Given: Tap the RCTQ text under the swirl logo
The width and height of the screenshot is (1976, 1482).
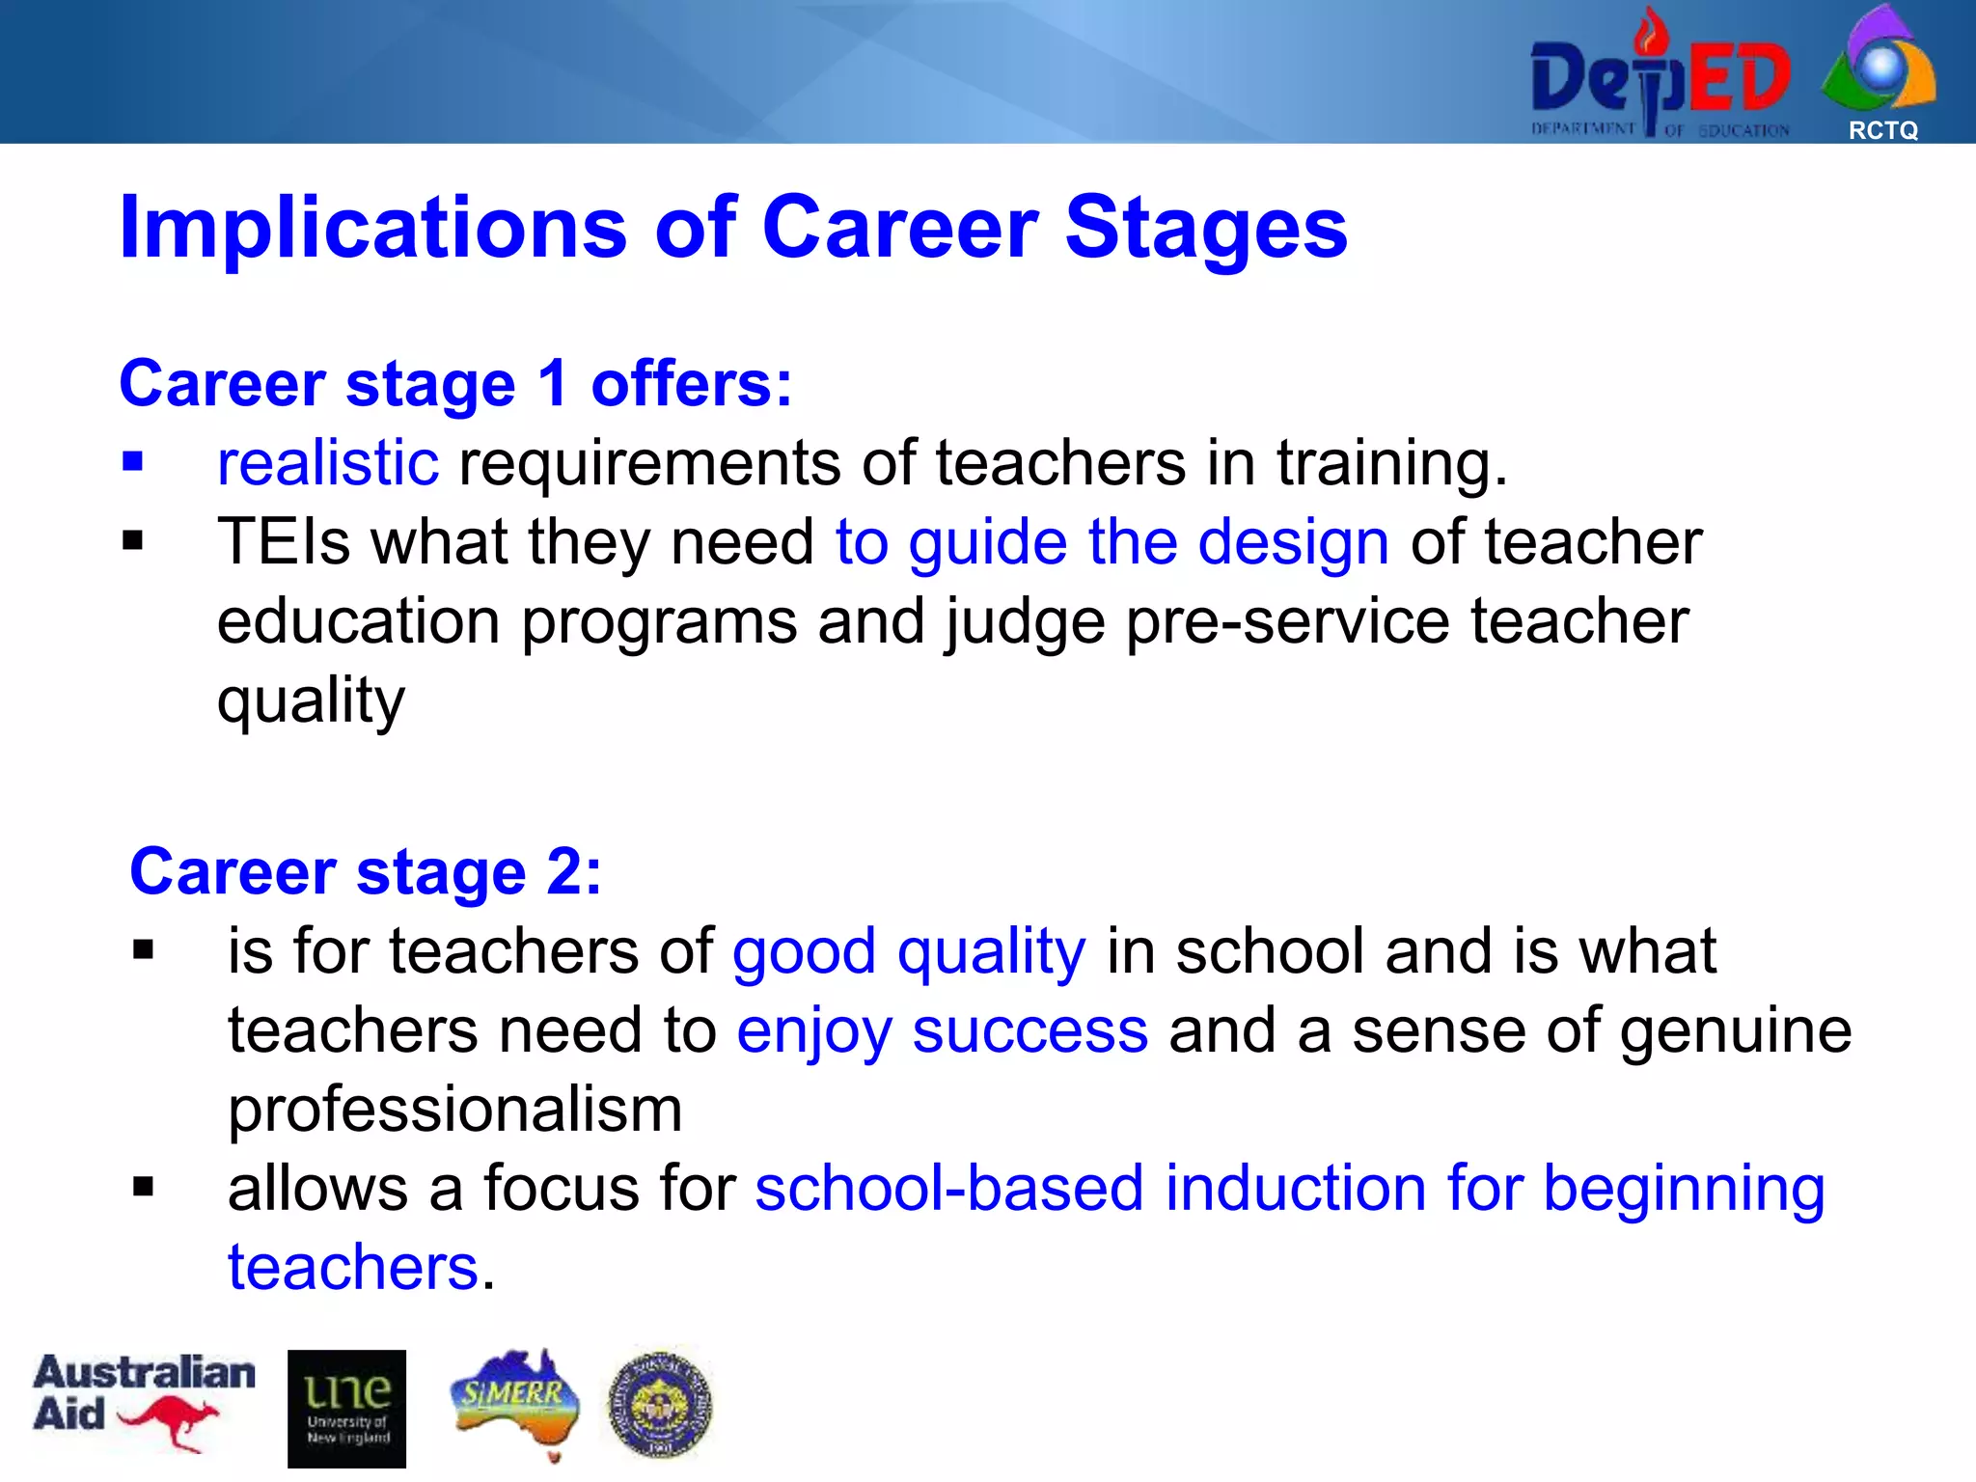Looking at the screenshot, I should pos(1882,130).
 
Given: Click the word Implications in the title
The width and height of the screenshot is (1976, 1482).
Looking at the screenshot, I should pos(372,229).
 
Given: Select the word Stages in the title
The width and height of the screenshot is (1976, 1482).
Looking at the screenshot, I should pos(1205,229).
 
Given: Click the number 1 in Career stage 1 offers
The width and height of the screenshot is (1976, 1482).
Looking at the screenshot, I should pos(553,384).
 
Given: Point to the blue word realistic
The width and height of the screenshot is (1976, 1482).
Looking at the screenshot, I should pos(328,463).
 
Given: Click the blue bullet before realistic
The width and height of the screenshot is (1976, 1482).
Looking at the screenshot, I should pos(133,462).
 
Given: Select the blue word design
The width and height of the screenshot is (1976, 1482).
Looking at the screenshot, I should pos(1293,542).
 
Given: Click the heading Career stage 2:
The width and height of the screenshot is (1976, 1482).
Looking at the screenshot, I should pos(366,872).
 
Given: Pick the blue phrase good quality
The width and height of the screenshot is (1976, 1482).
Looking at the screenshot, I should pos(908,952).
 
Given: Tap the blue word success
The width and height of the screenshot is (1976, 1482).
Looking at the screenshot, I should pos(1029,1031).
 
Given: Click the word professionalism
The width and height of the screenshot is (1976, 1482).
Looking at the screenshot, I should pos(454,1110).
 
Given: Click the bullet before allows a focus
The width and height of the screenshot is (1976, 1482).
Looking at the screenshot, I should pos(144,1187).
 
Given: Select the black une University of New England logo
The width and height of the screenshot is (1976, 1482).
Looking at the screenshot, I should pos(346,1409).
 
